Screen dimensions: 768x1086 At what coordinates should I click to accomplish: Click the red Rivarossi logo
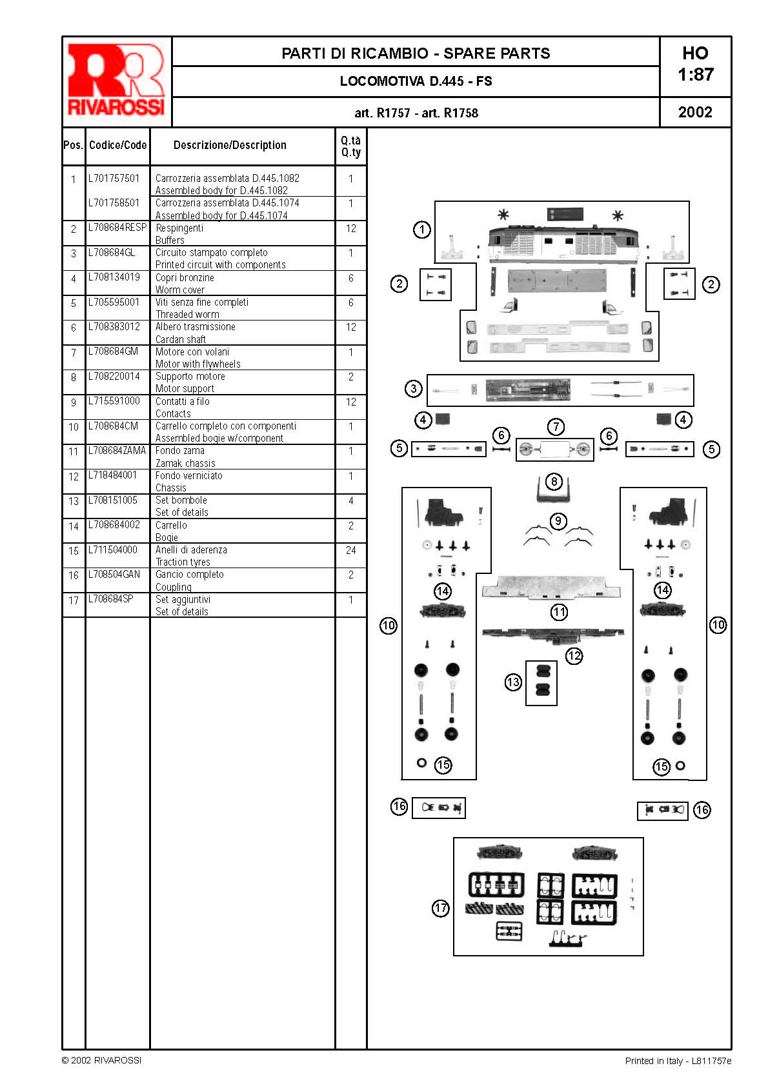[x=116, y=81]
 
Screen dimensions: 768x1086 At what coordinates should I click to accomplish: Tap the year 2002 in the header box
[x=694, y=112]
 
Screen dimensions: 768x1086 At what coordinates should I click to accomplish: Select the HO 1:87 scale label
[x=695, y=63]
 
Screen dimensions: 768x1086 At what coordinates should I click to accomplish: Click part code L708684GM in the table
[x=113, y=351]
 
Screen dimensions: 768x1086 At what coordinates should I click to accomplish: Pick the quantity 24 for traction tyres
[x=351, y=550]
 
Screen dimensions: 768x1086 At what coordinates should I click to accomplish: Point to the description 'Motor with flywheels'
[x=197, y=364]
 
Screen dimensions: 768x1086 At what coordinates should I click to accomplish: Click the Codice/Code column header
[x=118, y=145]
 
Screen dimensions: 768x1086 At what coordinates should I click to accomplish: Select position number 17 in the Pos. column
[x=74, y=600]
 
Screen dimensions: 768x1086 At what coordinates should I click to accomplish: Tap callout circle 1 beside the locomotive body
[x=421, y=230]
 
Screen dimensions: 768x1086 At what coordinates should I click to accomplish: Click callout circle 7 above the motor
[x=556, y=427]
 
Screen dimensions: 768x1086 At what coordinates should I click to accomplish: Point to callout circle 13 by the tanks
[x=513, y=682]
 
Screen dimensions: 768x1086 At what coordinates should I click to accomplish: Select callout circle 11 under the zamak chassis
[x=559, y=612]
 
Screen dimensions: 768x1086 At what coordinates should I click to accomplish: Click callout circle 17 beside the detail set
[x=441, y=907]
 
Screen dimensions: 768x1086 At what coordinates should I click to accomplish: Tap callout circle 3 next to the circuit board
[x=413, y=388]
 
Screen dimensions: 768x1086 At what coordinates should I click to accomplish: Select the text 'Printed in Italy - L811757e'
[x=678, y=1060]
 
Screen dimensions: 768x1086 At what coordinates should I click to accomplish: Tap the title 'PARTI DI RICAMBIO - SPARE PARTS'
[x=416, y=54]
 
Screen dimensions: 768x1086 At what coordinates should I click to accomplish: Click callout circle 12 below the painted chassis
[x=574, y=656]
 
